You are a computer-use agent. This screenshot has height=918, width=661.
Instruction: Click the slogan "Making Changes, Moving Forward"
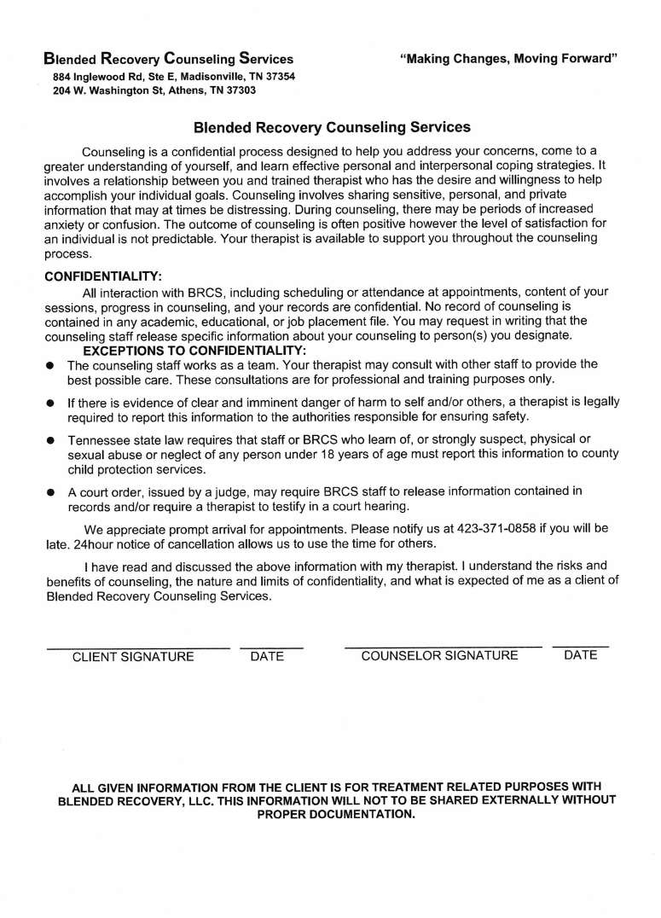click(507, 59)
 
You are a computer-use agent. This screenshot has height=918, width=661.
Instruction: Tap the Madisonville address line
click(174, 76)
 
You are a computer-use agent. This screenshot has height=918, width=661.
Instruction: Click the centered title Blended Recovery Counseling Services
click(332, 128)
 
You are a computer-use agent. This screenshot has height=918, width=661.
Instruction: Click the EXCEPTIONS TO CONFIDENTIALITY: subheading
click(194, 351)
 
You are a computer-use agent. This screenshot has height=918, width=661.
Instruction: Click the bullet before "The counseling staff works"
click(50, 365)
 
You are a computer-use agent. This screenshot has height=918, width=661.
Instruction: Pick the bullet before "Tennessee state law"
click(50, 440)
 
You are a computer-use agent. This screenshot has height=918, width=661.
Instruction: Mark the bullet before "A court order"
click(50, 492)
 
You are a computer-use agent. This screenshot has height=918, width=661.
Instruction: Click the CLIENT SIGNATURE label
click(133, 657)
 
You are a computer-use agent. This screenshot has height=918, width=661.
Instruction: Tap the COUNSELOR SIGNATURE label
click(439, 656)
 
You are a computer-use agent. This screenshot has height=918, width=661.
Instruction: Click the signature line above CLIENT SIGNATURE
click(137, 648)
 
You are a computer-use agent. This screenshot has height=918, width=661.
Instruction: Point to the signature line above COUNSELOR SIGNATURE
click(443, 648)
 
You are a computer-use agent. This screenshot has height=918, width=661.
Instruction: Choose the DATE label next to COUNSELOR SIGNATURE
click(580, 655)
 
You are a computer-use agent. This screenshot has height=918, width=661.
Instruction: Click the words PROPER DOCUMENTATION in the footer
click(336, 814)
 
